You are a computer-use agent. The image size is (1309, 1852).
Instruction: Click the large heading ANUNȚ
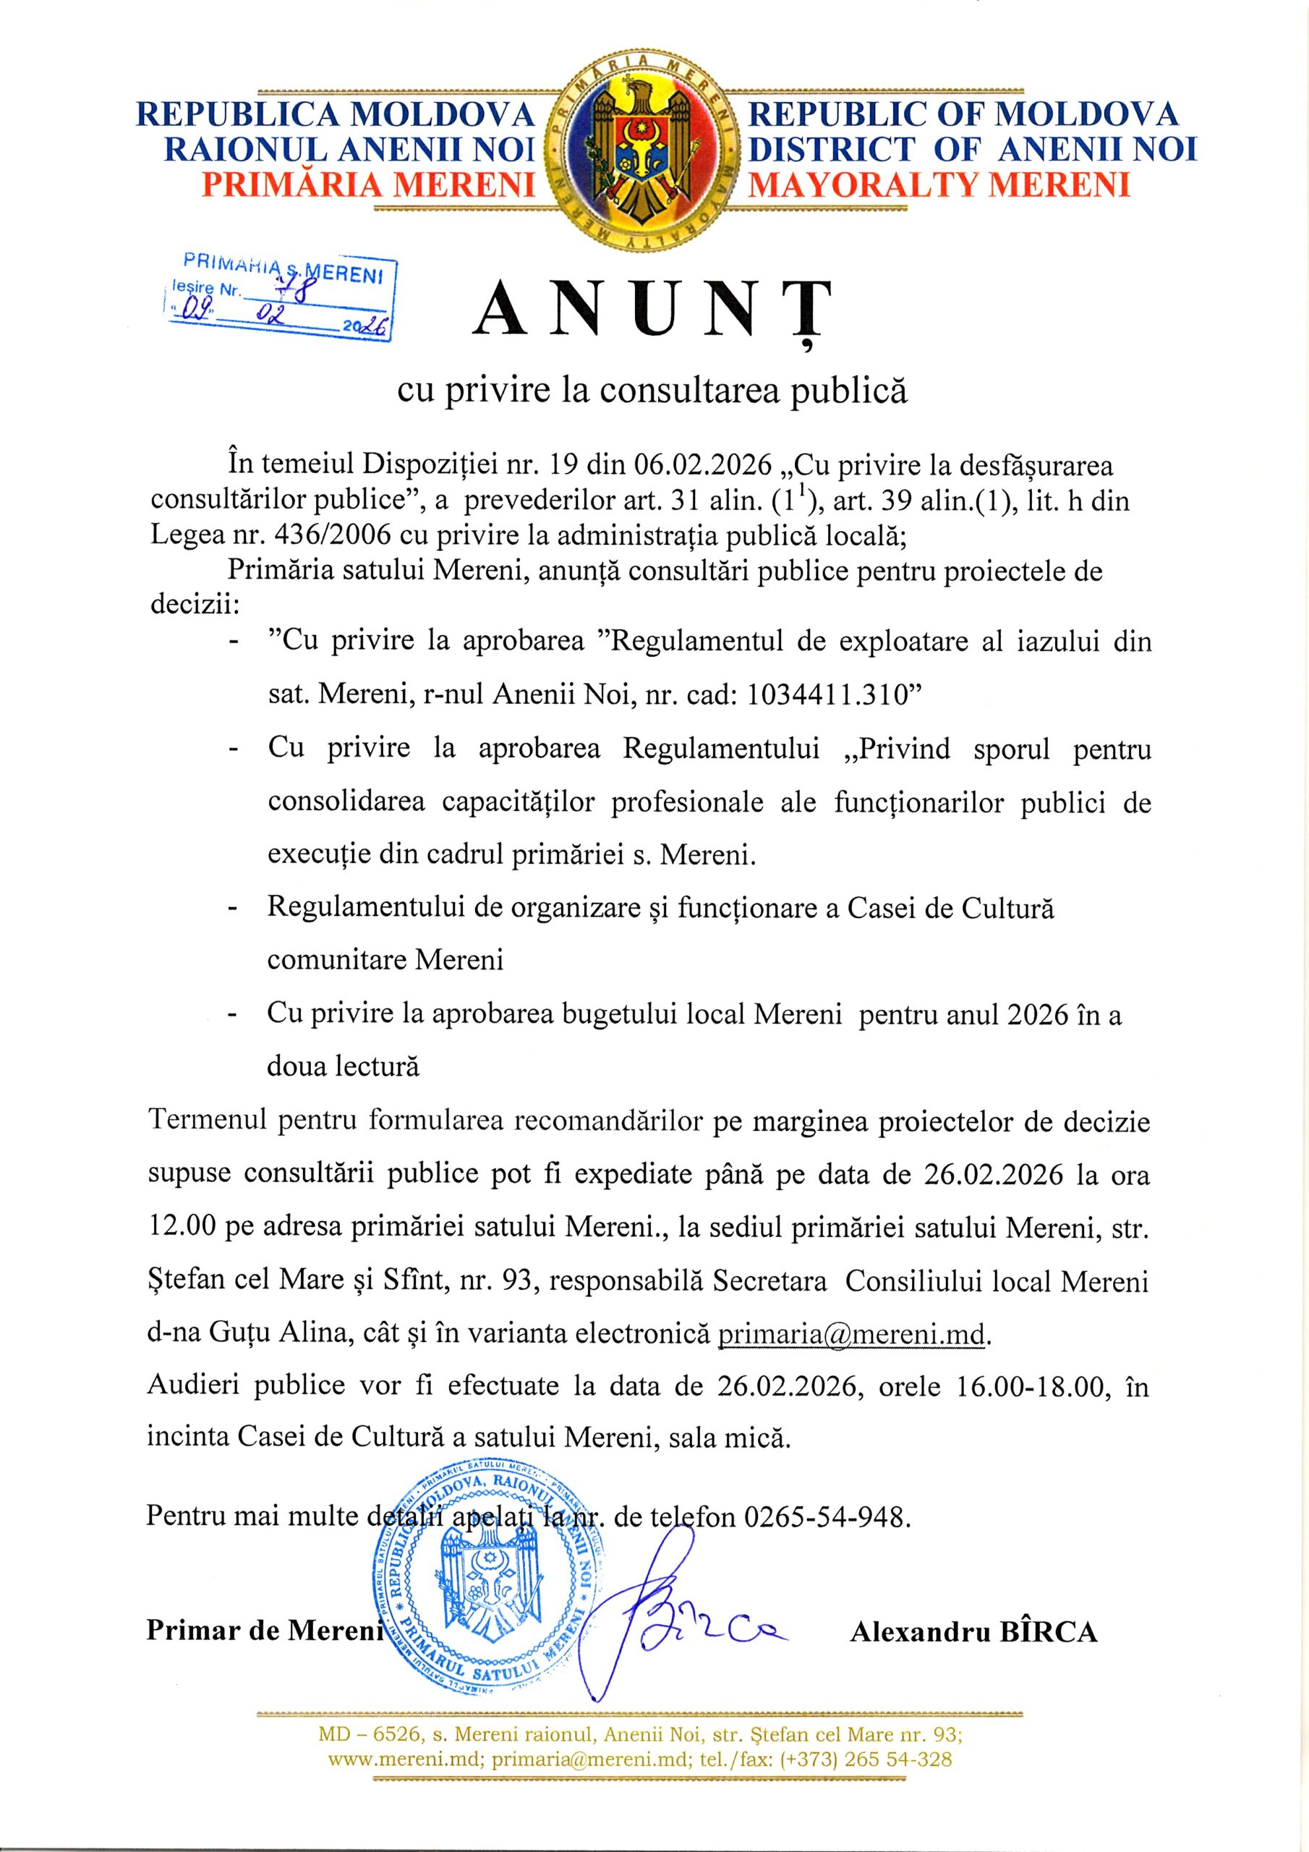click(654, 310)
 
